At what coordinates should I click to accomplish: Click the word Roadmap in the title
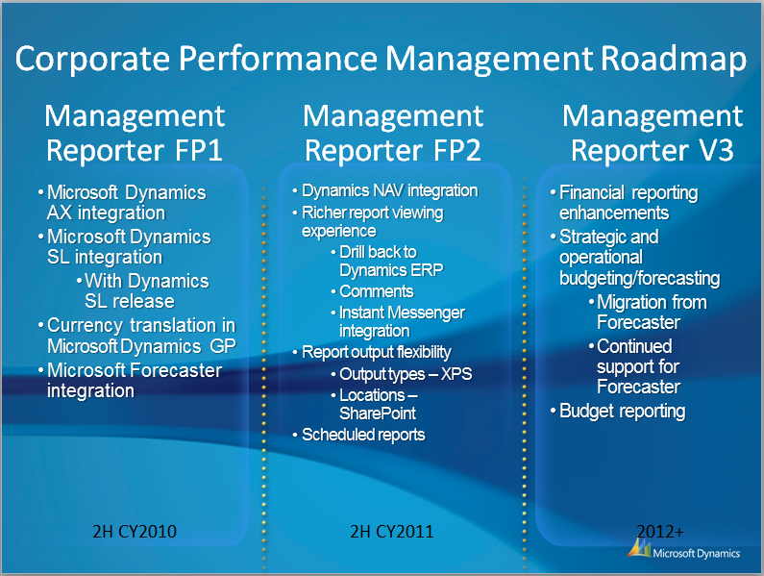pyautogui.click(x=673, y=59)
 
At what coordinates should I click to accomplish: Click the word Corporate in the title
pyautogui.click(x=92, y=59)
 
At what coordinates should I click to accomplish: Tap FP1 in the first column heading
pyautogui.click(x=198, y=151)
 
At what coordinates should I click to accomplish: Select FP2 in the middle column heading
pyautogui.click(x=456, y=151)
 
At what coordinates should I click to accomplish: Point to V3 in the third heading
pyautogui.click(x=716, y=151)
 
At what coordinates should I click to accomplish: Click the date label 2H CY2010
pyautogui.click(x=135, y=531)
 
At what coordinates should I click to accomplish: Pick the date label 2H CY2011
pyautogui.click(x=392, y=531)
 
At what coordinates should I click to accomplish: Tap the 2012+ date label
pyautogui.click(x=660, y=531)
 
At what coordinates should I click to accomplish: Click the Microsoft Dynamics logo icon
pyautogui.click(x=639, y=548)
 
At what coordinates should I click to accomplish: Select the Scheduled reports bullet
pyautogui.click(x=363, y=435)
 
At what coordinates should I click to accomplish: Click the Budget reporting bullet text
pyautogui.click(x=622, y=412)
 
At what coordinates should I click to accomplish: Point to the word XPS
pyautogui.click(x=456, y=374)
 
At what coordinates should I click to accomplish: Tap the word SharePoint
pyautogui.click(x=378, y=413)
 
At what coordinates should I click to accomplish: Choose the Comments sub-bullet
pyautogui.click(x=377, y=291)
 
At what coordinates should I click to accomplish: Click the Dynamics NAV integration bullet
pyautogui.click(x=390, y=190)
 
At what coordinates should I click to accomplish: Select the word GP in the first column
pyautogui.click(x=223, y=346)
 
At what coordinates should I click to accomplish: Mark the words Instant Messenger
pyautogui.click(x=402, y=313)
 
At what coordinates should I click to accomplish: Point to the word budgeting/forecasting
pyautogui.click(x=640, y=279)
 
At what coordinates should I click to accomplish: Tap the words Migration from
pyautogui.click(x=652, y=302)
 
